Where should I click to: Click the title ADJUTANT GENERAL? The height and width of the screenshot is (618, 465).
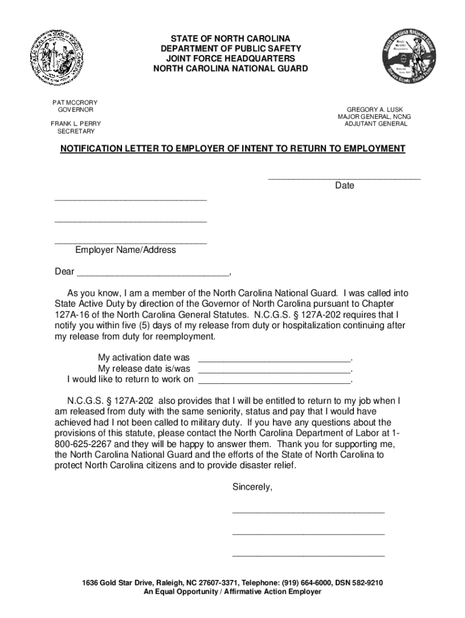click(376, 124)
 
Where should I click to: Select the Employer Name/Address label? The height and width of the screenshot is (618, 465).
click(126, 250)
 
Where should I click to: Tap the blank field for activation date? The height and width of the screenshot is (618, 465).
click(275, 358)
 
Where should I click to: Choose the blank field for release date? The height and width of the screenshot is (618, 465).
click(275, 369)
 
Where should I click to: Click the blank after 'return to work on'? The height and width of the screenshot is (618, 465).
click(275, 380)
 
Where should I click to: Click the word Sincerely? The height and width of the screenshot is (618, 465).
click(252, 487)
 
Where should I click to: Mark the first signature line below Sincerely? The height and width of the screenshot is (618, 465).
click(308, 511)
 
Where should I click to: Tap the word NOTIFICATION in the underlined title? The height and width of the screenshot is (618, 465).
click(90, 148)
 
